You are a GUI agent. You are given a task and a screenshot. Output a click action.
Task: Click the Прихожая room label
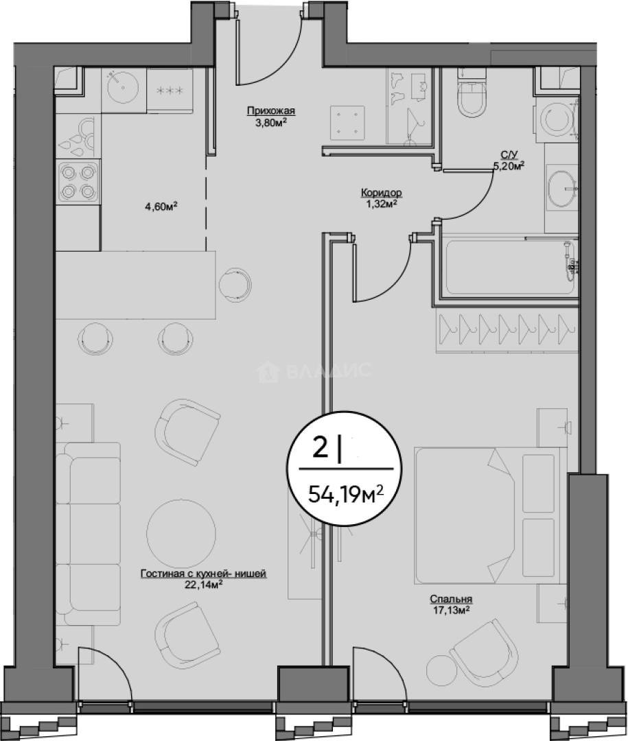click(x=271, y=111)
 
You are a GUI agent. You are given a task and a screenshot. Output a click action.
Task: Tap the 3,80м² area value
click(x=271, y=122)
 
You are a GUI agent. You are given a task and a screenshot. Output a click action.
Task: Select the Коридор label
click(x=381, y=193)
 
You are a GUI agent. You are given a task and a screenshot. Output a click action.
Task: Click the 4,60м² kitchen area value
click(x=161, y=206)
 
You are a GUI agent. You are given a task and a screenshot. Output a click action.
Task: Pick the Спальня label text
click(x=451, y=599)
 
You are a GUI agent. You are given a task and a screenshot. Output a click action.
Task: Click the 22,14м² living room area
click(x=203, y=584)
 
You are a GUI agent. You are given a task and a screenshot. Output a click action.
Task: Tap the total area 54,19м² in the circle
click(x=345, y=495)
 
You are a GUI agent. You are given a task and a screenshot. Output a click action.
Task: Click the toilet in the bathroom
click(x=472, y=93)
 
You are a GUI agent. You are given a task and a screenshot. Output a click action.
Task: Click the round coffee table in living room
click(x=181, y=529)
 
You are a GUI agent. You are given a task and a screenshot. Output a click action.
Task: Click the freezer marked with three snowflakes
click(x=170, y=91)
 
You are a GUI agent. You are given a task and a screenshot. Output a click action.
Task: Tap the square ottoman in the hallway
click(x=347, y=122)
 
